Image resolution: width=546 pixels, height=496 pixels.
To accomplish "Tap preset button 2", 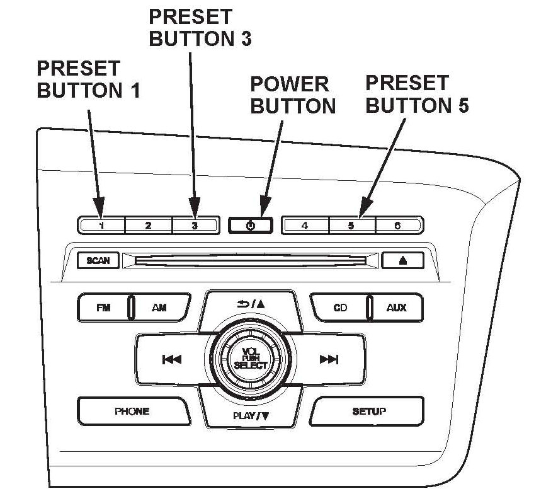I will (x=148, y=225).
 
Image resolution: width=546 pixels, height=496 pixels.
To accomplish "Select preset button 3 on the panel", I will (x=195, y=225).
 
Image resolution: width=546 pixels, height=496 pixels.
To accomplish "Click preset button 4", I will (x=305, y=225).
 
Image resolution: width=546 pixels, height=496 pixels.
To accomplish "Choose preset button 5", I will (x=352, y=225).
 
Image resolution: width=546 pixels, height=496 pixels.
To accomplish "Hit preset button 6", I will (x=398, y=225).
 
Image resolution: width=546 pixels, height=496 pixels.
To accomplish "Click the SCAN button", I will (x=98, y=260).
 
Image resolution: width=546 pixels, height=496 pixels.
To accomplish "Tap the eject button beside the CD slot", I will (x=402, y=260).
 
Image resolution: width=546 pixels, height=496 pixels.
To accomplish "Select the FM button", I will (x=103, y=308).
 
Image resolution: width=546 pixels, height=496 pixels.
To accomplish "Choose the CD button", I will (x=340, y=308).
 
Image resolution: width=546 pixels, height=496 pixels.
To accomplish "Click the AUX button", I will (x=397, y=308).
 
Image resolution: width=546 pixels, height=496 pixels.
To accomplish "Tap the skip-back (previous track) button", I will (x=171, y=360).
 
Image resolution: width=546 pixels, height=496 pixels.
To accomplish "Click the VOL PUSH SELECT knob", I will (x=250, y=359).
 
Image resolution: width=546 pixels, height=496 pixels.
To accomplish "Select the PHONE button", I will (x=132, y=412).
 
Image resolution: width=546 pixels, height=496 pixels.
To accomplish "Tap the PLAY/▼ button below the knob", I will (x=250, y=415).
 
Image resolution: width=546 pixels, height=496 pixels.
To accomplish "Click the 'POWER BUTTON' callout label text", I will (x=293, y=95).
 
